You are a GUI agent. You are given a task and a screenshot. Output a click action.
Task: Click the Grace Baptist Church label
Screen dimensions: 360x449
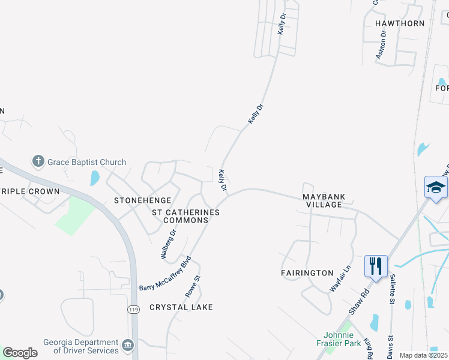[87, 162]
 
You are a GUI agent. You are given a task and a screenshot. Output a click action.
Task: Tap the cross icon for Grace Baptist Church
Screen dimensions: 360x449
[38, 161]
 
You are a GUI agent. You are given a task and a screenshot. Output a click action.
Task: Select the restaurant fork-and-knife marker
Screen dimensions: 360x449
[376, 266]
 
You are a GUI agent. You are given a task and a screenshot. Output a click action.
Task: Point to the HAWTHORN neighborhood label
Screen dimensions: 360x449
[400, 23]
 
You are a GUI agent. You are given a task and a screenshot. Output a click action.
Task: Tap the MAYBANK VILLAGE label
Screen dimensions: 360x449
[322, 200]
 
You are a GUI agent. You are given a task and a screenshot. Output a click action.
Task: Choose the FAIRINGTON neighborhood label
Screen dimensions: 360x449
[307, 273]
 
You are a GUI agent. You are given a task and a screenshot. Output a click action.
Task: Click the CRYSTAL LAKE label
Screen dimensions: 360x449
[181, 307]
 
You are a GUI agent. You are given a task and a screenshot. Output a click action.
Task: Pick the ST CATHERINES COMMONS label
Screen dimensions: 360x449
[185, 216]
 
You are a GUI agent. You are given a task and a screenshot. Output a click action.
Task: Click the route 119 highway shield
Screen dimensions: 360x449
[133, 308]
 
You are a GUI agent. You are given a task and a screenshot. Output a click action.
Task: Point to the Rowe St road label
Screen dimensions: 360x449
[192, 286]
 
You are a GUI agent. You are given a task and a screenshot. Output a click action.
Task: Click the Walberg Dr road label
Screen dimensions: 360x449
[169, 244]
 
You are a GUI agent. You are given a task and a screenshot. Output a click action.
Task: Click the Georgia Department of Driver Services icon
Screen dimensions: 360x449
[128, 345]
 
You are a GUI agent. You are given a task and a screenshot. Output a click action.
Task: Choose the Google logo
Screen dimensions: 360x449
[20, 352]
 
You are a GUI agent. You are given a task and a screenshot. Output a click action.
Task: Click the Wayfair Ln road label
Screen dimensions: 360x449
[340, 279]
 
